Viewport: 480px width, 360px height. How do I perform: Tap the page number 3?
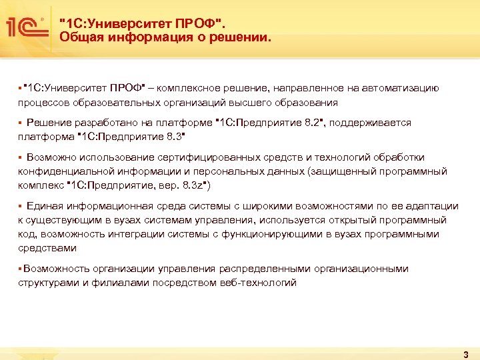(465, 353)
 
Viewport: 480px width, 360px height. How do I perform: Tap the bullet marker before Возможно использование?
(21, 157)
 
